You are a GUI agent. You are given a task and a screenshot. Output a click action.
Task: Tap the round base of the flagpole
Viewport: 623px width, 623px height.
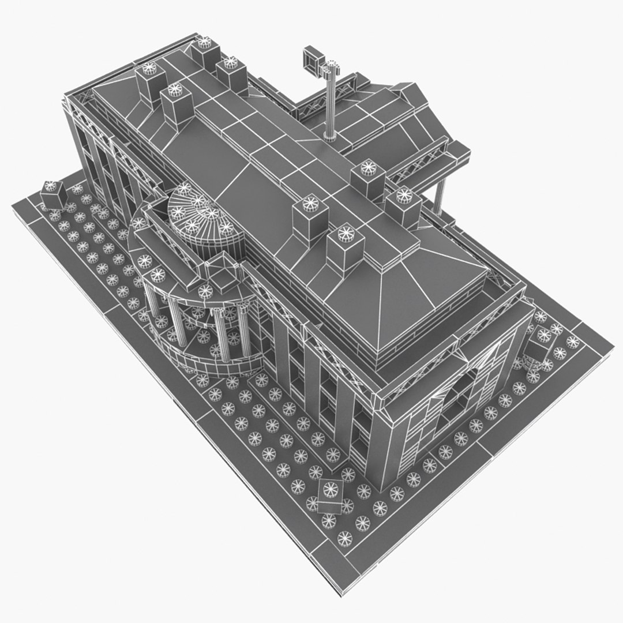329,137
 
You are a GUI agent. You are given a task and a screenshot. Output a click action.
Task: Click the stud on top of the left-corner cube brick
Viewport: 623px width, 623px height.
51,186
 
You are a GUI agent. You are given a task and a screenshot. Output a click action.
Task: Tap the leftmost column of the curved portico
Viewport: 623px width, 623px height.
151,300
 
